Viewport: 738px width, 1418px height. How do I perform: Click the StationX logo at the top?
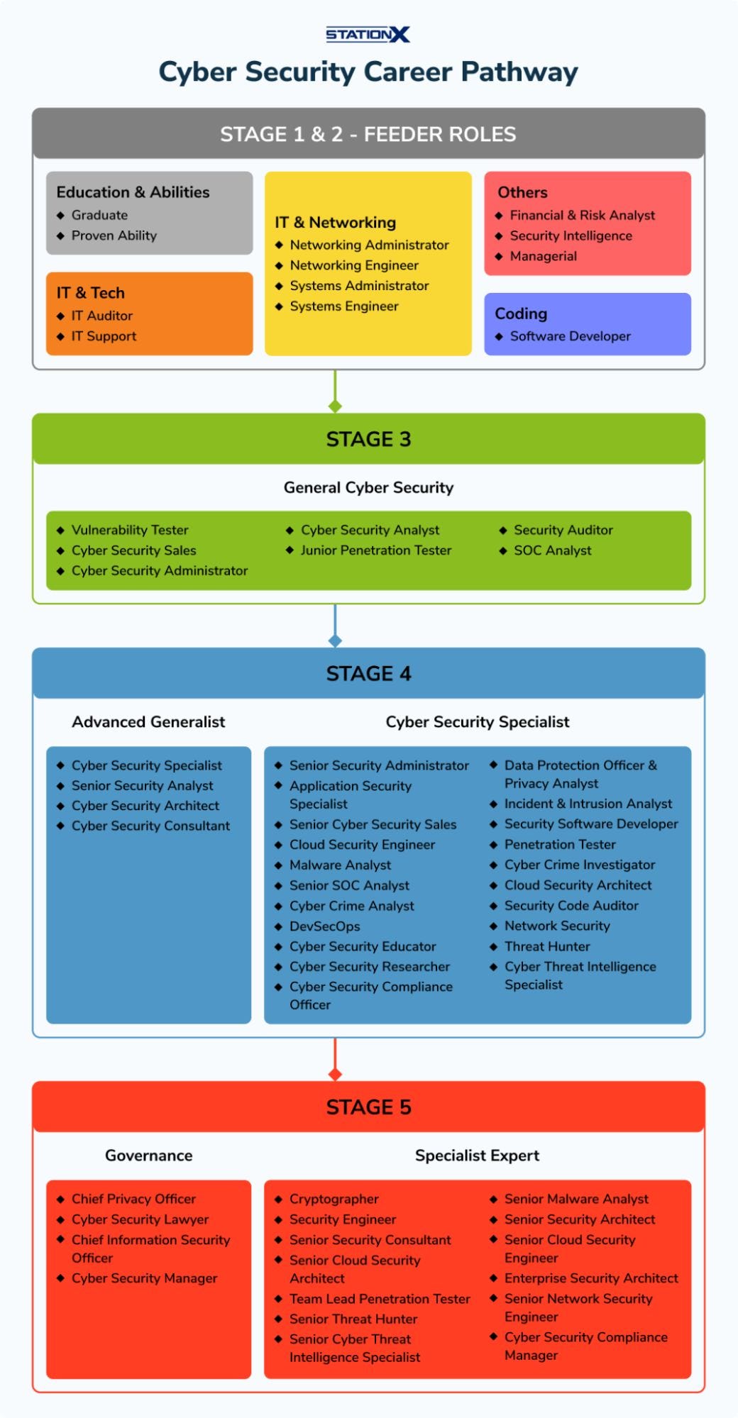coord(368,34)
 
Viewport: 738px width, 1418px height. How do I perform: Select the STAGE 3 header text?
coord(368,439)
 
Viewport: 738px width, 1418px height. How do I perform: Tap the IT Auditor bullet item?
coord(101,316)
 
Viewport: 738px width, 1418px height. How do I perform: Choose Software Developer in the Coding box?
coord(570,336)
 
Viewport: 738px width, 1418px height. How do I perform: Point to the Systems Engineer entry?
coord(343,306)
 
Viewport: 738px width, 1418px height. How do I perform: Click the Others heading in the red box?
coord(522,192)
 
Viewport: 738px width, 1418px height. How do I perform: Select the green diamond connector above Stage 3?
coord(335,406)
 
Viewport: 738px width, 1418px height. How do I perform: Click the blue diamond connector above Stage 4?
coord(335,641)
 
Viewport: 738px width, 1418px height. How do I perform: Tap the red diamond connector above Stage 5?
coord(335,1074)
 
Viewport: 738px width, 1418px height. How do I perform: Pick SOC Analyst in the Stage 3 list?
coord(552,550)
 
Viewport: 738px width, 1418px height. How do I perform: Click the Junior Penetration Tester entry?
coord(375,550)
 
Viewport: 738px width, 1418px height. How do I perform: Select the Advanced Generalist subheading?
coord(148,722)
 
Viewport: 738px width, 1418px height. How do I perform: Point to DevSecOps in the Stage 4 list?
coord(324,926)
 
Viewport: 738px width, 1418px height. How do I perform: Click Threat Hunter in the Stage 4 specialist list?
coord(546,946)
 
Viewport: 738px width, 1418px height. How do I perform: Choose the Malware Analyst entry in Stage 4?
coord(340,865)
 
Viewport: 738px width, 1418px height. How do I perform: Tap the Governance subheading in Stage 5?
coord(148,1156)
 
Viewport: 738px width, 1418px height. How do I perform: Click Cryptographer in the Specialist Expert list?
coord(334,1199)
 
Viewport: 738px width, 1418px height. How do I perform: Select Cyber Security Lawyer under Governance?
coord(140,1219)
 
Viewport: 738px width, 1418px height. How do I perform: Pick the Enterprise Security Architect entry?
coord(590,1278)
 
